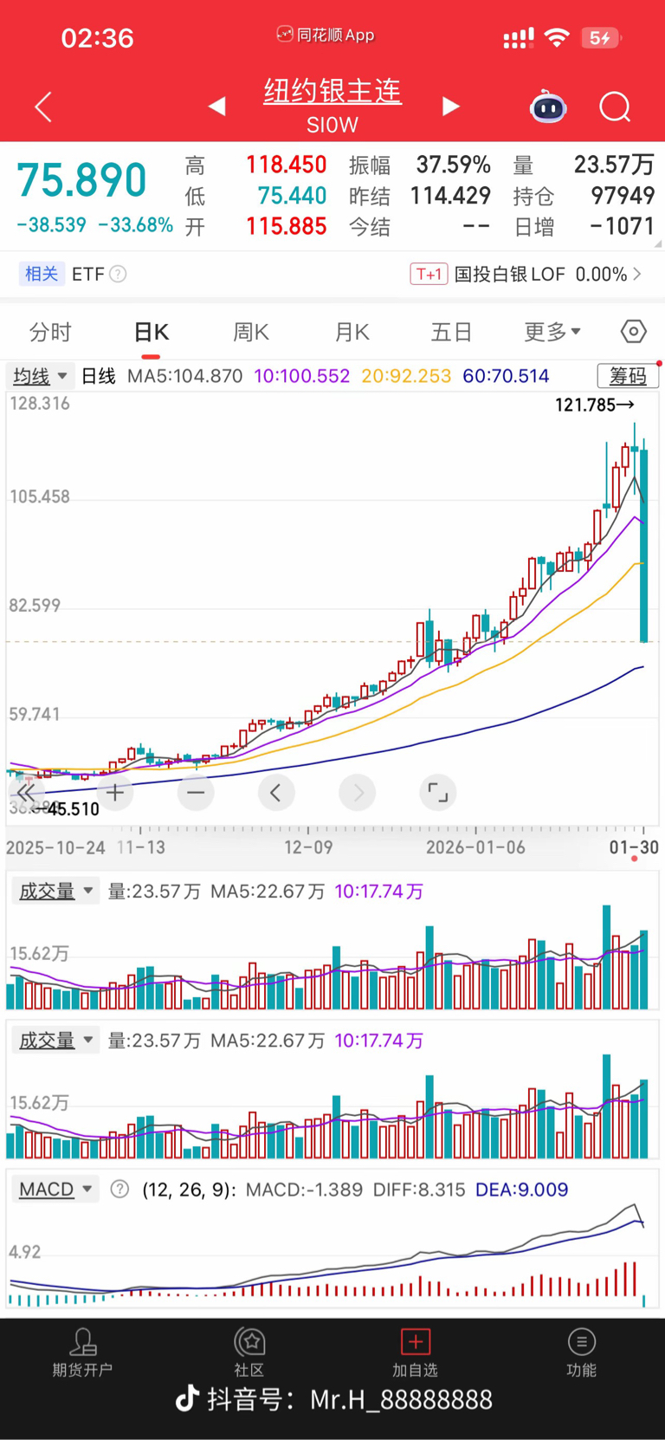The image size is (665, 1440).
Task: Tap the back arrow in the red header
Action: point(43,107)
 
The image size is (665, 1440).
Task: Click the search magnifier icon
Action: point(615,107)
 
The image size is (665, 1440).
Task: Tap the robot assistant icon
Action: point(548,107)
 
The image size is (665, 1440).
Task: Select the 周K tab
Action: point(251,332)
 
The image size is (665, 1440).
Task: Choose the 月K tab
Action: point(352,332)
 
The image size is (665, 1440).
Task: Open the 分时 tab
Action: point(50,332)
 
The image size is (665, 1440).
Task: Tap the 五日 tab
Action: point(451,332)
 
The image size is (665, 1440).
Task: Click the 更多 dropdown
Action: point(552,332)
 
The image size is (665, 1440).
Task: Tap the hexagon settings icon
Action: point(633,331)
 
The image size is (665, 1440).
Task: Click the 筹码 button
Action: point(628,376)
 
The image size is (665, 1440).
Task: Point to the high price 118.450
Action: point(286,165)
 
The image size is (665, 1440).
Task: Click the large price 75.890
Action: point(82,180)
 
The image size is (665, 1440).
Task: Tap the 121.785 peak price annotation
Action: point(594,405)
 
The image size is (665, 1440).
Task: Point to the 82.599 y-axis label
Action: point(35,606)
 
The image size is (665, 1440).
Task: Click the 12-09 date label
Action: point(308,847)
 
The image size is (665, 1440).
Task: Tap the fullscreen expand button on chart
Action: point(438,792)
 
